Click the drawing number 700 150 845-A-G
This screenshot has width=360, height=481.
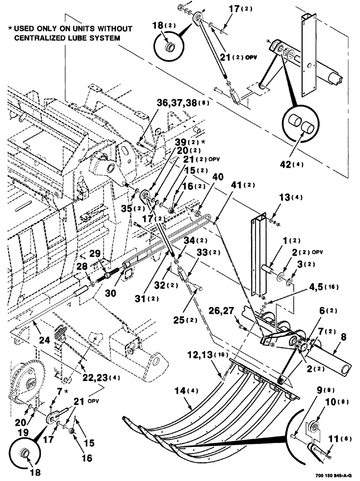click(332, 476)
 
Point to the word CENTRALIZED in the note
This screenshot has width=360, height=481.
click(46, 37)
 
